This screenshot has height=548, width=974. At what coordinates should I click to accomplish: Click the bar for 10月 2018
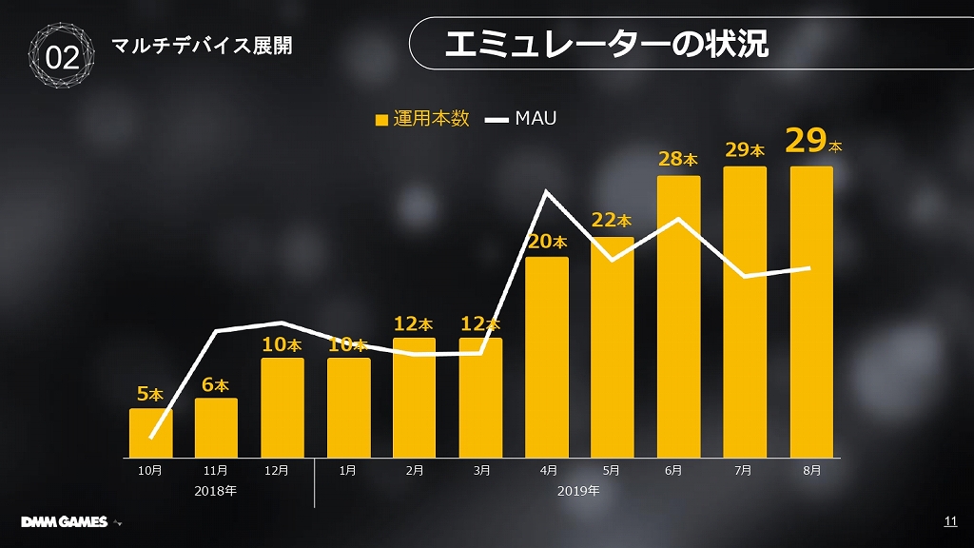(x=150, y=434)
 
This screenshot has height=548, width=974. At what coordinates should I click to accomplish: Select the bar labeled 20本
(x=547, y=357)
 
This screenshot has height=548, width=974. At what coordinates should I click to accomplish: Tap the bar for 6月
(x=678, y=316)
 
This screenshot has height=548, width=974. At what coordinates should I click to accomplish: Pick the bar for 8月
(x=811, y=312)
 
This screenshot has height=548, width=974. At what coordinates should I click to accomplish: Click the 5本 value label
(x=150, y=394)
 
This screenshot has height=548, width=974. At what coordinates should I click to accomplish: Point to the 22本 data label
(x=612, y=221)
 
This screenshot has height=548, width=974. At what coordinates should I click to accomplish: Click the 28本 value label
(x=678, y=159)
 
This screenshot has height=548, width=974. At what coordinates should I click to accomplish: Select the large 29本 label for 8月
(x=813, y=141)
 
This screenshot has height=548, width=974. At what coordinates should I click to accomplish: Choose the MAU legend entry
(x=521, y=119)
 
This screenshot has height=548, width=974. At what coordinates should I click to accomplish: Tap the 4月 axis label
(x=547, y=470)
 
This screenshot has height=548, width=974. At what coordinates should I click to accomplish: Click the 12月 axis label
(x=277, y=470)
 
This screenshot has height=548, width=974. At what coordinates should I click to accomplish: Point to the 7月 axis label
(x=744, y=470)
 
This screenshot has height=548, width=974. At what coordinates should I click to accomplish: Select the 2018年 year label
(x=215, y=492)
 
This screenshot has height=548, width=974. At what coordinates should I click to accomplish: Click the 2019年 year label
(x=578, y=492)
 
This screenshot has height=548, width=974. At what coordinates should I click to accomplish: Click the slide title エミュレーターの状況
(x=606, y=44)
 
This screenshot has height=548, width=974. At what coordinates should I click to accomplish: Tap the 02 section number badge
(x=63, y=57)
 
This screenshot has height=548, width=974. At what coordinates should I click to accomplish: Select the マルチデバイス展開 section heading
(x=202, y=46)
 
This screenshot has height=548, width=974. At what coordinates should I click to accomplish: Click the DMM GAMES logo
(x=65, y=521)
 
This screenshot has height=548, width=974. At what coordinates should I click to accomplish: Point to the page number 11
(x=949, y=520)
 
